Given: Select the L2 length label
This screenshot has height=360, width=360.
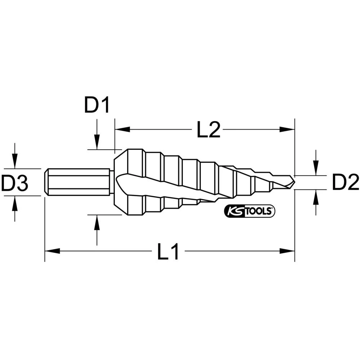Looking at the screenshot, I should point(208,131).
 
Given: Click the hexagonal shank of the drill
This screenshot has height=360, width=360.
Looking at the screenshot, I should point(77,183).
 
